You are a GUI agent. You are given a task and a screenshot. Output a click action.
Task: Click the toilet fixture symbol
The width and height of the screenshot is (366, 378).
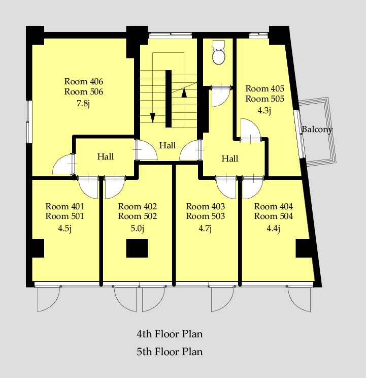point(219,52)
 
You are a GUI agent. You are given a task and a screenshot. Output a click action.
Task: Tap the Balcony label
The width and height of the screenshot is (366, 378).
point(317,129)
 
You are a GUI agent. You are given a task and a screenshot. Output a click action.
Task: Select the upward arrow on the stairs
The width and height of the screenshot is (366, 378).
point(184,93)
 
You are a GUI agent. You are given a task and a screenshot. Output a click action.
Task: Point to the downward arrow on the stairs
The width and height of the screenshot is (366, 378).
point(152,118)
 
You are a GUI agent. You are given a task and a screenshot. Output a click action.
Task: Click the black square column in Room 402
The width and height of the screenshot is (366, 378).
point(137,248)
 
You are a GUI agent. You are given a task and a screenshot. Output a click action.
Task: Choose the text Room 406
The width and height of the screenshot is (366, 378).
point(84,81)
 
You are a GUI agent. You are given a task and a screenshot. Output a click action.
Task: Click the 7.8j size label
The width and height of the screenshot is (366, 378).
point(83,104)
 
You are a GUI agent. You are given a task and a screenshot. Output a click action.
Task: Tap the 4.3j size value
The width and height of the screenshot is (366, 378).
point(264,110)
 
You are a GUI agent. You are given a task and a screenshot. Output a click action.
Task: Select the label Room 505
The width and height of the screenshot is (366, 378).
point(264,99)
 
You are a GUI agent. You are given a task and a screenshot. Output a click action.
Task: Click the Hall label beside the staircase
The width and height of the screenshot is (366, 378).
point(168,145)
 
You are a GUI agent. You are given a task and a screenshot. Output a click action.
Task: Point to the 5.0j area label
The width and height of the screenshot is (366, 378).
point(138,228)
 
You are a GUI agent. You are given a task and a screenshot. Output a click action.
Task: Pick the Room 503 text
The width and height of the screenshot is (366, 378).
point(206,216)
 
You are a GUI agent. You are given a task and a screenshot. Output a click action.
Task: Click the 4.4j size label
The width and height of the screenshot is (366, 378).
point(274,228)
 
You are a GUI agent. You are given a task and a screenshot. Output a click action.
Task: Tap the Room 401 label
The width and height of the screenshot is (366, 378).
point(65,206)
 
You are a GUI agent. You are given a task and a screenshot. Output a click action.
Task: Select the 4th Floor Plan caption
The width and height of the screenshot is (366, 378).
point(170,334)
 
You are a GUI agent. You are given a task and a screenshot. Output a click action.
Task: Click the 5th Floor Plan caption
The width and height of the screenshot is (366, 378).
point(170,352)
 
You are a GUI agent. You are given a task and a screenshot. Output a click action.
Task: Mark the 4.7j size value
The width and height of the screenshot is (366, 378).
point(205,228)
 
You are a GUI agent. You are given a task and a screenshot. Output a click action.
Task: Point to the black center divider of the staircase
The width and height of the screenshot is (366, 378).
point(169,99)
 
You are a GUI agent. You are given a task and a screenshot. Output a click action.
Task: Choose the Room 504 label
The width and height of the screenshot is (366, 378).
point(274,216)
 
